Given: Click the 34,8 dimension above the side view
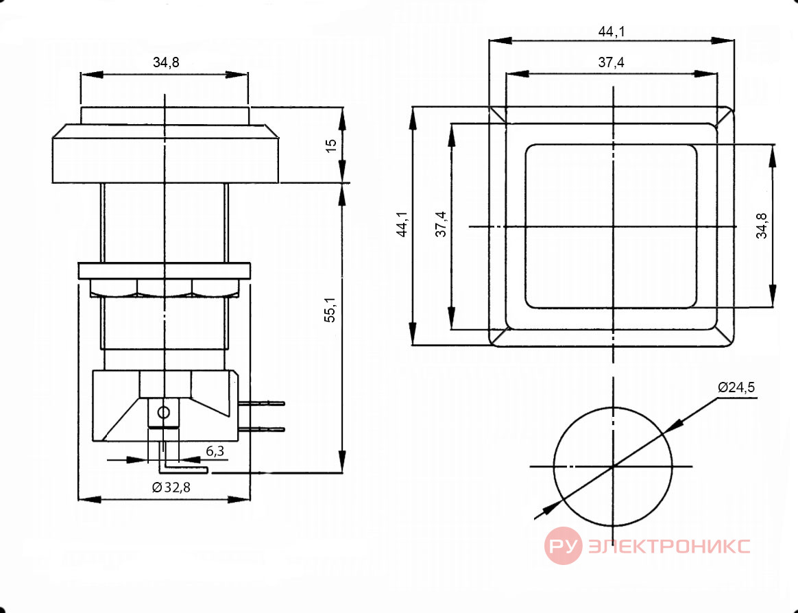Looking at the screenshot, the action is pyautogui.click(x=166, y=62).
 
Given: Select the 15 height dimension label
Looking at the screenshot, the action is pyautogui.click(x=331, y=145).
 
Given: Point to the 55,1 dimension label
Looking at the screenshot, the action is pyautogui.click(x=330, y=310).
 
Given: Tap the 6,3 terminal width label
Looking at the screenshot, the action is pyautogui.click(x=215, y=451).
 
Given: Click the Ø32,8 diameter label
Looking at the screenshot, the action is pyautogui.click(x=171, y=488).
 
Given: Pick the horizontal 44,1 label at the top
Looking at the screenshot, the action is pyautogui.click(x=612, y=32).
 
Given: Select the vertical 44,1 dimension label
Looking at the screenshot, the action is pyautogui.click(x=402, y=224).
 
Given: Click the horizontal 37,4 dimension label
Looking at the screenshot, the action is pyautogui.click(x=612, y=62).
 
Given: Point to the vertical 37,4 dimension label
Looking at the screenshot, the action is pyautogui.click(x=441, y=224).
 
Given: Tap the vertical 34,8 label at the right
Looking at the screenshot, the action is pyautogui.click(x=762, y=226).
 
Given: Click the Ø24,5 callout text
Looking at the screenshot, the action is pyautogui.click(x=736, y=387).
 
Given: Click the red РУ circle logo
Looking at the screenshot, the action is pyautogui.click(x=564, y=546).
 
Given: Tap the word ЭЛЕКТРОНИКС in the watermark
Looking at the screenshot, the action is pyautogui.click(x=668, y=546).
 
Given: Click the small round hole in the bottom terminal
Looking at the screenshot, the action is pyautogui.click(x=163, y=412).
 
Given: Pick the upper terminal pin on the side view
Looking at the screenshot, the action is pyautogui.click(x=262, y=403).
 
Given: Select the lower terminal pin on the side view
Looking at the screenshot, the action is pyautogui.click(x=262, y=430).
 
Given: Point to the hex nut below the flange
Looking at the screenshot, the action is pyautogui.click(x=165, y=288).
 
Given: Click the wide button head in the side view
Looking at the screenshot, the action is pyautogui.click(x=165, y=154).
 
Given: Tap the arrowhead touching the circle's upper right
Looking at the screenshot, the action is pyautogui.click(x=673, y=426).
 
